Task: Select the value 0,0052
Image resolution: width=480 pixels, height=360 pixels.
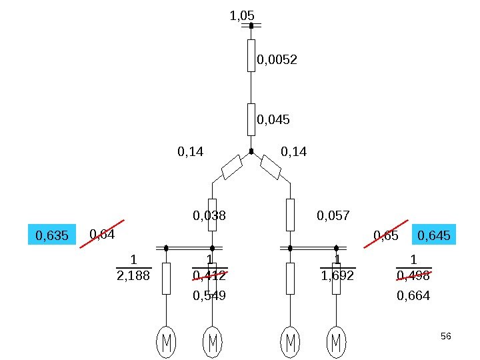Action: click(277, 60)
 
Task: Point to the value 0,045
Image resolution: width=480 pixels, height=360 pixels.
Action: click(273, 120)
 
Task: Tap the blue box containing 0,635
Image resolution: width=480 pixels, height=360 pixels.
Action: click(52, 235)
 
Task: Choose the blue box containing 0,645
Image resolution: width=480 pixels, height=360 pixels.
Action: click(435, 235)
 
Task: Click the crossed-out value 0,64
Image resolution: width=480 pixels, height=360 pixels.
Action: click(102, 234)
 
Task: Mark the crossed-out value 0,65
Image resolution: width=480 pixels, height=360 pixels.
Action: click(386, 235)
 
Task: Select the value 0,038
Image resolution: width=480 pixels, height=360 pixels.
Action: click(209, 215)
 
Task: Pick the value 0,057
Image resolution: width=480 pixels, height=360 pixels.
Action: click(333, 215)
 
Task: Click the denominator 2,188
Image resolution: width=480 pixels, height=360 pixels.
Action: click(133, 275)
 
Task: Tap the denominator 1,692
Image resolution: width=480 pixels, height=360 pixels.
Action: click(337, 275)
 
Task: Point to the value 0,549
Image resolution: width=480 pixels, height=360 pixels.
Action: click(209, 295)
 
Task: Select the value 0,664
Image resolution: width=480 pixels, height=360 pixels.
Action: click(413, 295)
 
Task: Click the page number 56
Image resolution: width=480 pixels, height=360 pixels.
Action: click(446, 336)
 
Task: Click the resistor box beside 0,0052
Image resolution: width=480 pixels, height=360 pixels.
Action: click(251, 55)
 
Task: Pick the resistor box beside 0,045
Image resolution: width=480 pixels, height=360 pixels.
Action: click(251, 119)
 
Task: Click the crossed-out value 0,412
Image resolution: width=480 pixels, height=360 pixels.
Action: click(209, 275)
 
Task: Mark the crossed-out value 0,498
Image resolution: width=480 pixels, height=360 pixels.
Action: click(413, 275)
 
